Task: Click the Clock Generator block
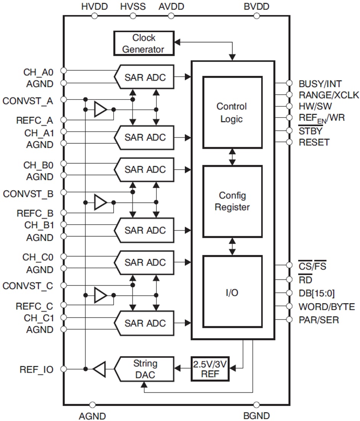pos(143,43)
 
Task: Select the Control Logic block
pos(232,112)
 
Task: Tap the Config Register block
pos(232,201)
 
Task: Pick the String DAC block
pos(145,369)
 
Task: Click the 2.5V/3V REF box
pos(210,369)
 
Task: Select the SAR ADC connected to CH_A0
pos(145,77)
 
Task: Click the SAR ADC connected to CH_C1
pos(145,323)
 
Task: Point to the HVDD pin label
pos(94,7)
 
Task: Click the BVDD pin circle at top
pos(256,16)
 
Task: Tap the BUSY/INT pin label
pos(320,83)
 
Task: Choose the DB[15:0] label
pos(316,294)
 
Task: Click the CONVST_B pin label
pos(28,194)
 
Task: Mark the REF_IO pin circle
pos(64,369)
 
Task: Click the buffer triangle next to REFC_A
pos(100,110)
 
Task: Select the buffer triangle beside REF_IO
pos(99,369)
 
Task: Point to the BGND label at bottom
pos(256,416)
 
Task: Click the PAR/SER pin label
pos(318,320)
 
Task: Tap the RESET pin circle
pos(289,142)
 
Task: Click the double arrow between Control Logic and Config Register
pos(232,157)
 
